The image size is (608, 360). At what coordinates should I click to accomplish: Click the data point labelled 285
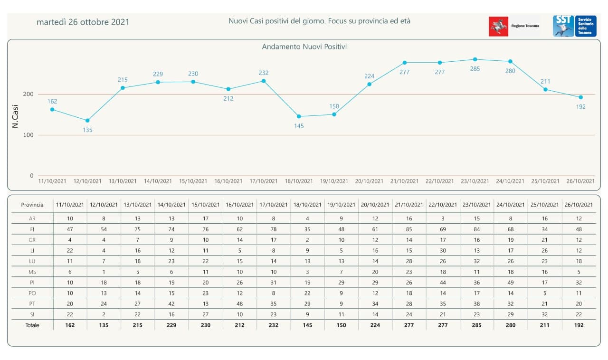point(475,59)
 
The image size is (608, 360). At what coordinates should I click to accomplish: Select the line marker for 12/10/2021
point(87,121)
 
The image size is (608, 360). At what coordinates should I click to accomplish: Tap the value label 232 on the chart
point(264,73)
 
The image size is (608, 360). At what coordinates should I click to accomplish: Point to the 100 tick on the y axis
point(28,135)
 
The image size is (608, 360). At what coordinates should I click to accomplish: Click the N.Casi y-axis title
point(15,117)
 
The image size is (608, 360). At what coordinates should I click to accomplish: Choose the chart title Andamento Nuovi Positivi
point(304,47)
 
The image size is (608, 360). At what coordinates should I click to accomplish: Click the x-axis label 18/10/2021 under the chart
point(299,181)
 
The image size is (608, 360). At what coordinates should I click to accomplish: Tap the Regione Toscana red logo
point(498,27)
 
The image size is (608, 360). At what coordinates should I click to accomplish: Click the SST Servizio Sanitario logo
point(574,26)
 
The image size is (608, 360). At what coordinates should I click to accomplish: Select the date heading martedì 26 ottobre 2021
point(83,22)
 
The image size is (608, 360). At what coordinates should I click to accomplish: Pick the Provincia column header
point(32,205)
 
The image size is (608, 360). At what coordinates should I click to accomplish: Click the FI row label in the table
point(32,229)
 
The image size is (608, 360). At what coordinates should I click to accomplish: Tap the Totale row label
point(32,325)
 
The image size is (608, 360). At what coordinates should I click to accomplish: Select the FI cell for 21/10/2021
point(409,229)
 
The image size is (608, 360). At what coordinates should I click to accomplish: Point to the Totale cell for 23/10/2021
point(477,325)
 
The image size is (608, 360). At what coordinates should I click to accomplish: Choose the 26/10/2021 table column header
point(579,205)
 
